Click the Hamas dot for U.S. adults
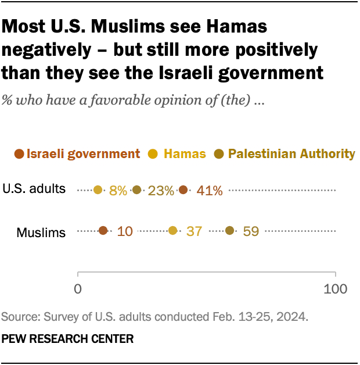(x=98, y=189)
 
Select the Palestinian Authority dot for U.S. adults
(x=136, y=189)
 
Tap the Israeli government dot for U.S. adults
(x=183, y=189)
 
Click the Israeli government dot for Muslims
(x=103, y=231)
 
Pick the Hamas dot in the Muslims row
(x=172, y=231)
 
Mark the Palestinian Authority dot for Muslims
(x=229, y=231)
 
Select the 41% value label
(x=206, y=190)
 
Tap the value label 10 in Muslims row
(x=124, y=231)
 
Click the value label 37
(x=194, y=231)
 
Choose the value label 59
(x=251, y=231)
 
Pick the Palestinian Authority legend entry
(x=291, y=154)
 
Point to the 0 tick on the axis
(x=78, y=288)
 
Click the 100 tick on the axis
(x=334, y=288)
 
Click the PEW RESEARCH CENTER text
(x=68, y=338)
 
